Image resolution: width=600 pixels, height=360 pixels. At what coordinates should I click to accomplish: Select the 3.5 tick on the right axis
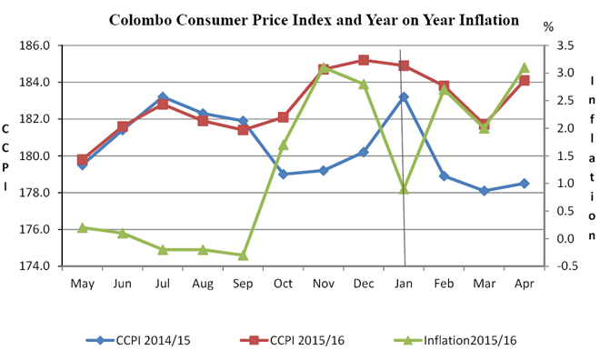[x=565, y=45]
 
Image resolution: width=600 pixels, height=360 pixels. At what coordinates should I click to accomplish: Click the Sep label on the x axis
[x=243, y=284]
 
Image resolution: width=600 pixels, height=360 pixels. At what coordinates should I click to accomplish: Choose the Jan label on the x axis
[x=403, y=284]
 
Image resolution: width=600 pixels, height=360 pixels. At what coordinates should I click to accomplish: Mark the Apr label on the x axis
[x=524, y=284]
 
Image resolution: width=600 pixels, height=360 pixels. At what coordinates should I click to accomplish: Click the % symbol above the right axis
[x=548, y=26]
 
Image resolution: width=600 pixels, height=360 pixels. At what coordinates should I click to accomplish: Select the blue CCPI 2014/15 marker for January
[x=404, y=97]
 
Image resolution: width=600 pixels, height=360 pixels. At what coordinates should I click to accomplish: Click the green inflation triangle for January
[x=404, y=188]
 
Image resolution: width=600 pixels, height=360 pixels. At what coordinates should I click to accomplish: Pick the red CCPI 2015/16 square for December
[x=364, y=60]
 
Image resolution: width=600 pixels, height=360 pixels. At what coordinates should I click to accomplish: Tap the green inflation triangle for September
[x=243, y=255]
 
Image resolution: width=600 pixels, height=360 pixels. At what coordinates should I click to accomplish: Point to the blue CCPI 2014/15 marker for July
[x=163, y=96]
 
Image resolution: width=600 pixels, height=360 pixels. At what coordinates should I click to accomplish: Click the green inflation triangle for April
[x=525, y=67]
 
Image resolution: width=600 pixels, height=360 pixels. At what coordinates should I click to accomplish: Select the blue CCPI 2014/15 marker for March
[x=484, y=191]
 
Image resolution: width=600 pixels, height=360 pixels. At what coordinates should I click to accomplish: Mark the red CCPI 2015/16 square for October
[x=283, y=117]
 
